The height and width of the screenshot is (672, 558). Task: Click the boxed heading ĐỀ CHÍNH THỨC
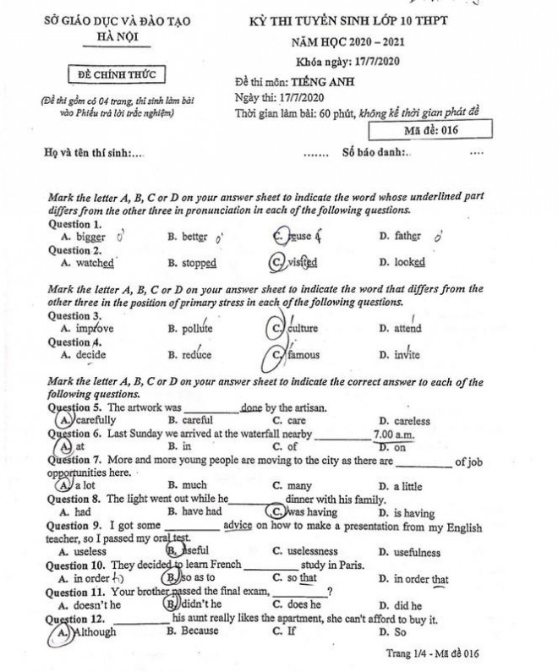coord(118,74)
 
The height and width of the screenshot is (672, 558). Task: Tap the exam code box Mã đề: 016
coord(430,130)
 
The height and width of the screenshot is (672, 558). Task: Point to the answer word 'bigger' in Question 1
coord(90,238)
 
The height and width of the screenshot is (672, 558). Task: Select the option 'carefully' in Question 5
coord(95,420)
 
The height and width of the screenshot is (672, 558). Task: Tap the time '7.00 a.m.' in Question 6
coord(393,434)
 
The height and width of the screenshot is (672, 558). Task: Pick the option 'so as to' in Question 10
coord(197,578)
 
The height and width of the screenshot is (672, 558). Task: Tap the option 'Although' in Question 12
coord(94,631)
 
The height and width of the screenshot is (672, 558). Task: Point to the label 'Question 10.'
coord(75,565)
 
